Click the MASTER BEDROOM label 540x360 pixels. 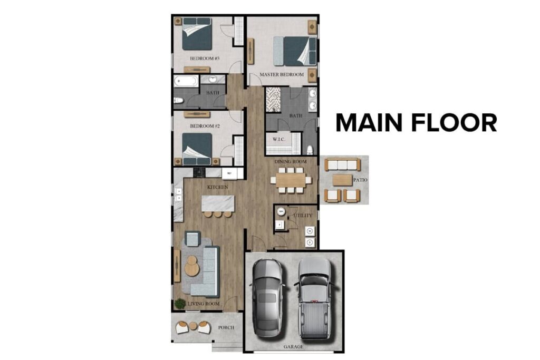point(282,75)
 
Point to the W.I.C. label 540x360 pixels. point(279,140)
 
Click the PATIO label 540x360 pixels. point(360,180)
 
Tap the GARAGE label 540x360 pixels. point(294,347)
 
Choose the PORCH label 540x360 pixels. point(226,327)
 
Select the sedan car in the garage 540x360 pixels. point(267,298)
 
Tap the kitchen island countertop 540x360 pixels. point(217,203)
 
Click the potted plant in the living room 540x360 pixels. point(180,303)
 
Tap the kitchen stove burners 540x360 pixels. point(199,172)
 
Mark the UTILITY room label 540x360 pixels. point(304,216)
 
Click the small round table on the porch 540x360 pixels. point(193,326)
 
